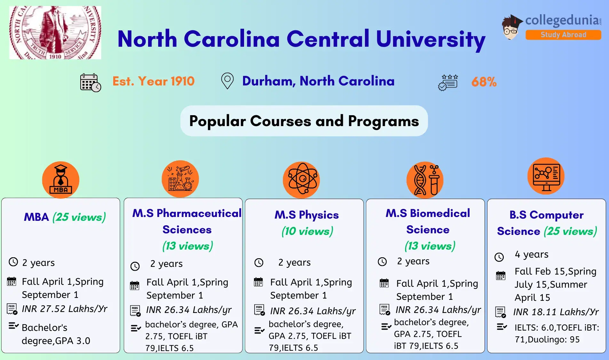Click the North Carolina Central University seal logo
55,32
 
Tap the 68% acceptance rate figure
484,82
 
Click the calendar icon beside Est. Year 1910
91,83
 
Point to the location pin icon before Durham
227,81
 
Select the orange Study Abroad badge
563,35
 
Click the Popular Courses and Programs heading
304,121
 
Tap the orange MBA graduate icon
61,180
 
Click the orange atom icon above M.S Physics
301,180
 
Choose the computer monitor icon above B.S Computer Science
546,176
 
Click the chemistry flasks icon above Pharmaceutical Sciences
180,179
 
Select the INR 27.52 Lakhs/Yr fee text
65,309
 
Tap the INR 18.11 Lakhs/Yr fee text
556,312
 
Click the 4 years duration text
532,254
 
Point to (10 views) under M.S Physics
307,231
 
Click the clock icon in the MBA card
13,262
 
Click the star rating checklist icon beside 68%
448,83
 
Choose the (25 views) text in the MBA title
79,217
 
